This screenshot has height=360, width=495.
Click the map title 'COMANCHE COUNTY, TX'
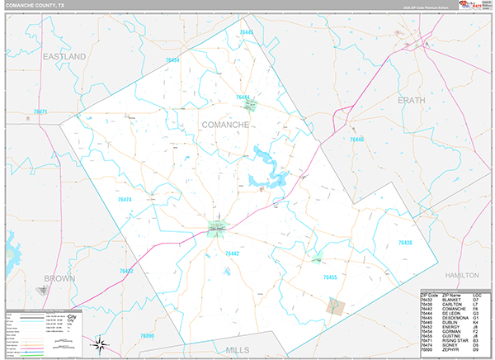(32, 5)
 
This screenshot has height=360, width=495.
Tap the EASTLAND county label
(64, 56)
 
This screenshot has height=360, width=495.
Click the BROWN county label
(60, 278)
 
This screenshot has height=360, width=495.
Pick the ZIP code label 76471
(40, 112)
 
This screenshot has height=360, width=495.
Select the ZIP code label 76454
(172, 60)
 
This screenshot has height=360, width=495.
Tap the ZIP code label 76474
(125, 199)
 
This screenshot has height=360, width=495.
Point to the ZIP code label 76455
(330, 277)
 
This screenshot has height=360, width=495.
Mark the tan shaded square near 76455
(335, 306)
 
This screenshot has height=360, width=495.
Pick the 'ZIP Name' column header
(451, 295)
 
